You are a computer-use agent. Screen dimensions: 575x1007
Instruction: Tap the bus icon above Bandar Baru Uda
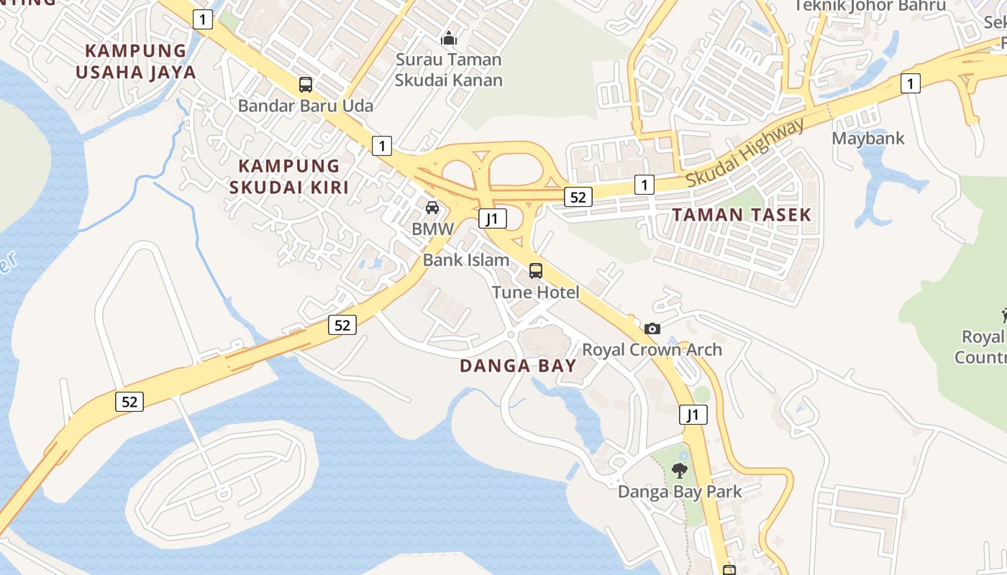(306, 85)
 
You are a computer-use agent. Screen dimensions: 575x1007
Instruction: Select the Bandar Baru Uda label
(306, 106)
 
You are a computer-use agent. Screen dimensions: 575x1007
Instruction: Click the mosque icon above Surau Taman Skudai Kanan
(449, 37)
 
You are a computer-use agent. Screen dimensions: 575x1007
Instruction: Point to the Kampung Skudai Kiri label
(288, 176)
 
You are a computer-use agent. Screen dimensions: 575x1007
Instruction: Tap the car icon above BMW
(432, 208)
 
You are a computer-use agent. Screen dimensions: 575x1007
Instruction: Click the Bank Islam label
(466, 260)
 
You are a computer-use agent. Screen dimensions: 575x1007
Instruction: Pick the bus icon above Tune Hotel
(536, 271)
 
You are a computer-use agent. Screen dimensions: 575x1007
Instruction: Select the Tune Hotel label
(536, 293)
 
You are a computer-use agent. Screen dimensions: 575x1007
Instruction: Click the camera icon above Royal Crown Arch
(652, 328)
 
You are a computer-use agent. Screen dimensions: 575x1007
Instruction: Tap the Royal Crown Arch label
(652, 350)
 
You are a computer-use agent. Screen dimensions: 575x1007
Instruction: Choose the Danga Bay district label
(518, 366)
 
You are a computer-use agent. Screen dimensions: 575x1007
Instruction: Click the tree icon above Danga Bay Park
(680, 471)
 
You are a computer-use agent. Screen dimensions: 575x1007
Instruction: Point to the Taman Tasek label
(742, 214)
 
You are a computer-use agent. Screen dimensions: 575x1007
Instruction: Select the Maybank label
(868, 138)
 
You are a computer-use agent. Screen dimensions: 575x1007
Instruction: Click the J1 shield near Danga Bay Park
(693, 415)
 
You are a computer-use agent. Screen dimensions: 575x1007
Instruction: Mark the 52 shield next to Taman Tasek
(578, 197)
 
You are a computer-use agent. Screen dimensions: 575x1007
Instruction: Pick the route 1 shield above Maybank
(911, 84)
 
